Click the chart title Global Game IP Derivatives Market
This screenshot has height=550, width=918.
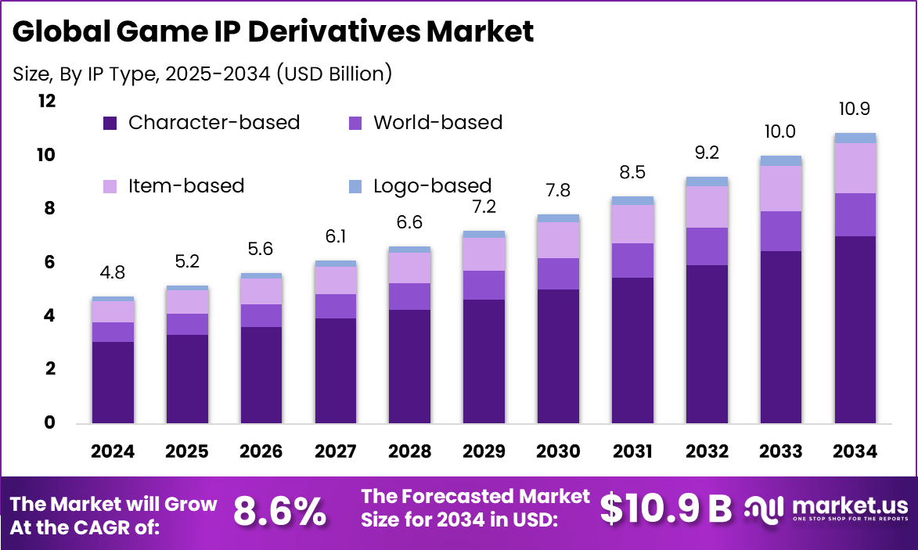[x=273, y=32]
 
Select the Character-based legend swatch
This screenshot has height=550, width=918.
[x=110, y=123]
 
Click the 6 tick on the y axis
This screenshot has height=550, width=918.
[x=50, y=262]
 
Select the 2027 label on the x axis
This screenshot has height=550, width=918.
[x=336, y=451]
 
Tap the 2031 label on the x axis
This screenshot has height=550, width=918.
[x=632, y=451]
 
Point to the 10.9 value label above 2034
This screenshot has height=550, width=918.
[x=855, y=109]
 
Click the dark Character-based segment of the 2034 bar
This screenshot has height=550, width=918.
[x=855, y=329]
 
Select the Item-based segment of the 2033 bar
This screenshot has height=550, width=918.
[x=781, y=189]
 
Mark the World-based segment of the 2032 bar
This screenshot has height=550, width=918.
[x=707, y=246]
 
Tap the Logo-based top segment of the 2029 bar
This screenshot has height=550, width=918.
[x=484, y=234]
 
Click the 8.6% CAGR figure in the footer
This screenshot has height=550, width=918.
[x=280, y=512]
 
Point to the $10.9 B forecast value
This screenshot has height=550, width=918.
[x=665, y=509]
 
